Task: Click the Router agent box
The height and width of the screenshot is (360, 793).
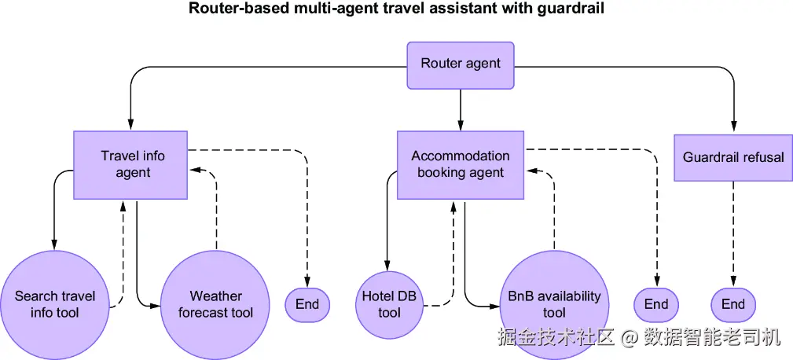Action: coord(461,64)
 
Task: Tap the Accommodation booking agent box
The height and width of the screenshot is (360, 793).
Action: coord(461,164)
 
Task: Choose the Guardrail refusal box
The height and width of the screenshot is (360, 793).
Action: coord(732,157)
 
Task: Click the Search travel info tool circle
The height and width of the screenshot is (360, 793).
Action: coord(55,304)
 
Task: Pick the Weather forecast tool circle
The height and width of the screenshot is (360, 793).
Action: coord(215,304)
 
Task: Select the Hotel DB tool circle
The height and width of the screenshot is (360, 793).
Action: coord(389,304)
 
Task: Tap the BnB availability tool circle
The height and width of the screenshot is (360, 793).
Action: coord(554,304)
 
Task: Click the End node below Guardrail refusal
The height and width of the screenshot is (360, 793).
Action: coord(733,304)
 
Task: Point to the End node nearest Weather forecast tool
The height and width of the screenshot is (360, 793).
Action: coord(307,304)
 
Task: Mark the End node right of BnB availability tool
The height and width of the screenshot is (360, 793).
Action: coord(656,304)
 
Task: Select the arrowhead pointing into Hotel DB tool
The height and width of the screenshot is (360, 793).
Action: coord(386,265)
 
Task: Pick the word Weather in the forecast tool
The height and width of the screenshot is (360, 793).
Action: coord(215,296)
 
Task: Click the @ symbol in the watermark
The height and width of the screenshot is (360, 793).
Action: coord(629,338)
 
